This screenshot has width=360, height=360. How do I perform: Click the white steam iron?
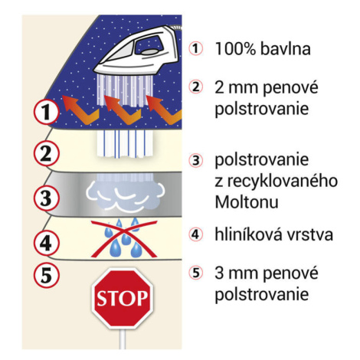[139, 51]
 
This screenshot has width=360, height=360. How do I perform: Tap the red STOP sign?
[123, 298]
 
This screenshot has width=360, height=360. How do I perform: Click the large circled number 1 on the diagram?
[47, 112]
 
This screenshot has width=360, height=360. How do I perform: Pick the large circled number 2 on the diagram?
[47, 154]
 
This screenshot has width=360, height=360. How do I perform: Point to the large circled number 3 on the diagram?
[47, 198]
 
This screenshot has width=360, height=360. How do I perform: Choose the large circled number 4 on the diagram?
[47, 243]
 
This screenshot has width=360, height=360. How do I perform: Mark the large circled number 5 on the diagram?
[47, 275]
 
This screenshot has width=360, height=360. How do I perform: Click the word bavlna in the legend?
[286, 48]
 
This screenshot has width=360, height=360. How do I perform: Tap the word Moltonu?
[247, 202]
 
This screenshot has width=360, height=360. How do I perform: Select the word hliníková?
[249, 234]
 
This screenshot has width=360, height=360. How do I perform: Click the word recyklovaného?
[283, 182]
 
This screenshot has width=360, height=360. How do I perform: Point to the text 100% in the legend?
[235, 48]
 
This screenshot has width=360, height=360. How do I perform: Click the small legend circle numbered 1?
[195, 48]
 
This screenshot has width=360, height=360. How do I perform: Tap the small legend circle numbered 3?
[195, 161]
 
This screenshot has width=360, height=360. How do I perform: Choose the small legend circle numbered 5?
[195, 273]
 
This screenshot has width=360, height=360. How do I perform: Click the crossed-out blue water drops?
[124, 238]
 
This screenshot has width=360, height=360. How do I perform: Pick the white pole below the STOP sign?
[123, 339]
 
